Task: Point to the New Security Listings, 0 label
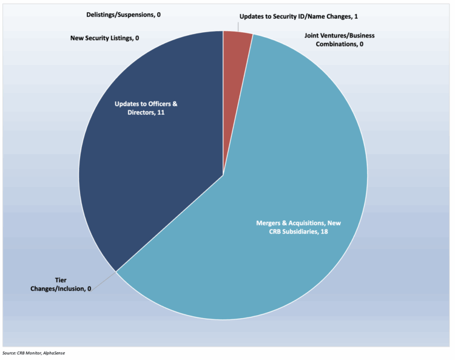point(105,38)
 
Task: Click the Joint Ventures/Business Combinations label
point(339,39)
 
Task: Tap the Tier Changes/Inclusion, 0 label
point(61,285)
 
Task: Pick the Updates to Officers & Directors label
point(146,108)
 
